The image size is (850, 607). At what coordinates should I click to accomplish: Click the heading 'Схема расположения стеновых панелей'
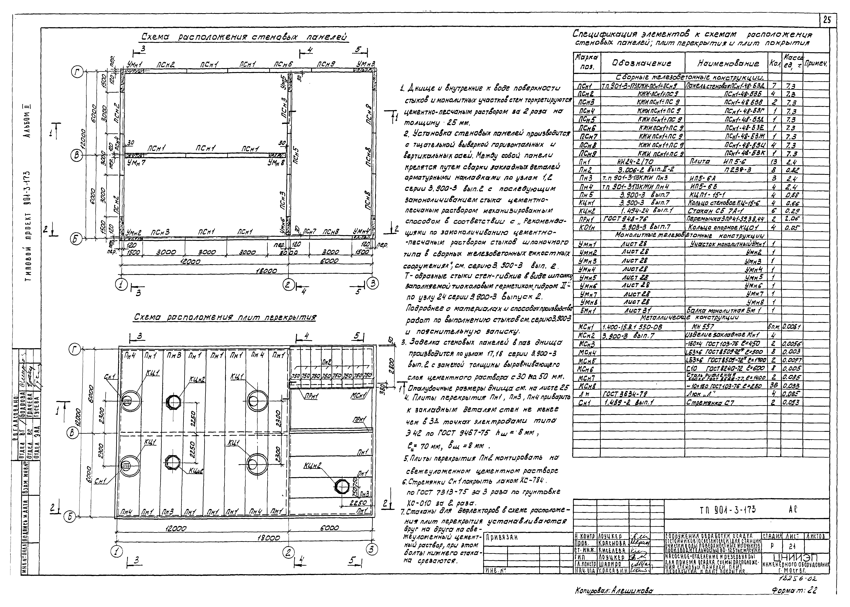[244, 37]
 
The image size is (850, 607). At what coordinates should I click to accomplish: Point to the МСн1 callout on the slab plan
[358, 395]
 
